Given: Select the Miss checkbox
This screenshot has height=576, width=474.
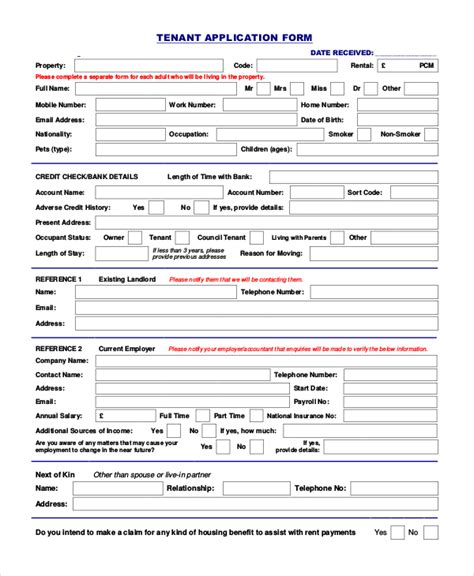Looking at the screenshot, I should (339, 89).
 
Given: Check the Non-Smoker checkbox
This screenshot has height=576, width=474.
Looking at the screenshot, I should (432, 133).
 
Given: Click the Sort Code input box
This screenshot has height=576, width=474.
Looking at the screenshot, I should (411, 191).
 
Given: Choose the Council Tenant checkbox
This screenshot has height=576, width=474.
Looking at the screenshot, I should (257, 237).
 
